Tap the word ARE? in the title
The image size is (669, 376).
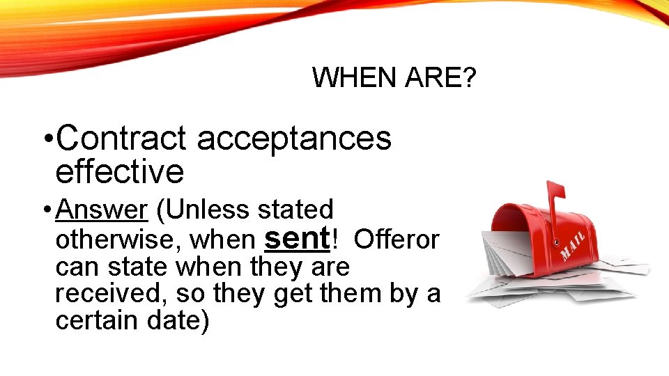point(441,78)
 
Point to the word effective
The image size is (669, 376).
point(119,171)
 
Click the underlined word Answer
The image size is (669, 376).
point(102,209)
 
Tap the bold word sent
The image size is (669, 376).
point(297,238)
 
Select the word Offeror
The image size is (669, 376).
point(397,240)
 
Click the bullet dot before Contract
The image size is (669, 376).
point(46,139)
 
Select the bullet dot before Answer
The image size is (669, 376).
point(46,210)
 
